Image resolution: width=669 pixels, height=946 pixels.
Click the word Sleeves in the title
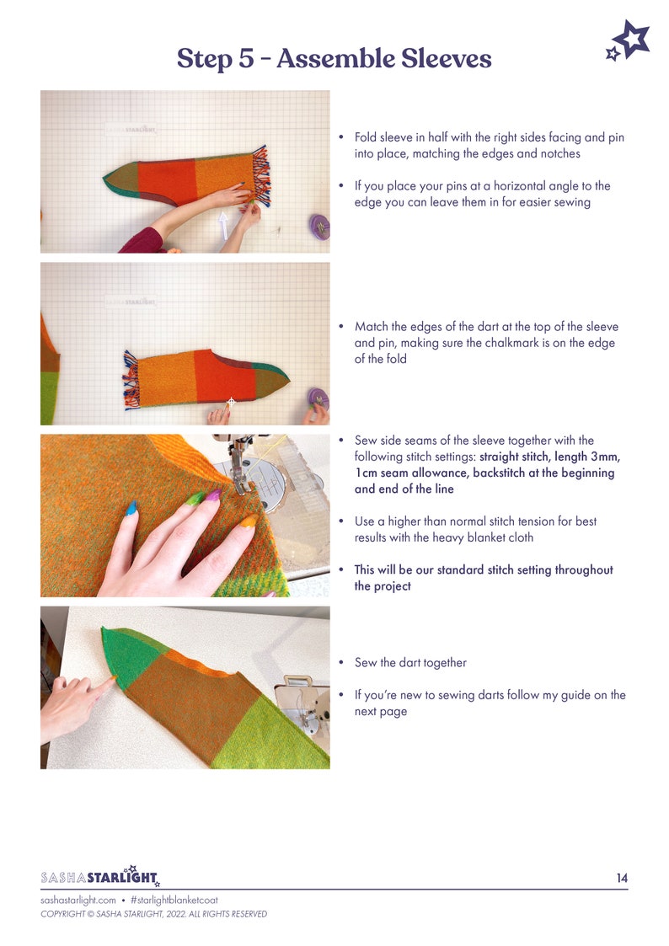click(438, 59)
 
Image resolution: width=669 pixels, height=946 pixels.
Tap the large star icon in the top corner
click(633, 39)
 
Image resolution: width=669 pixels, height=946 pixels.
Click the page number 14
click(621, 878)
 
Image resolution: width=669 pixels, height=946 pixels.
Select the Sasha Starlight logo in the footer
click(100, 878)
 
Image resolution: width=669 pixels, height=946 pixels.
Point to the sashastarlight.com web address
click(78, 901)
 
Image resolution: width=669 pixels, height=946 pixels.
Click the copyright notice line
click(153, 914)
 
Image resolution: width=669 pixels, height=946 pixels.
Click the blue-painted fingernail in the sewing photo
click(131, 508)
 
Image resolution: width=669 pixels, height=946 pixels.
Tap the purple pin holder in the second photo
click(318, 398)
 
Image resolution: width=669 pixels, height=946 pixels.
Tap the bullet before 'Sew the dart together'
click(341, 663)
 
